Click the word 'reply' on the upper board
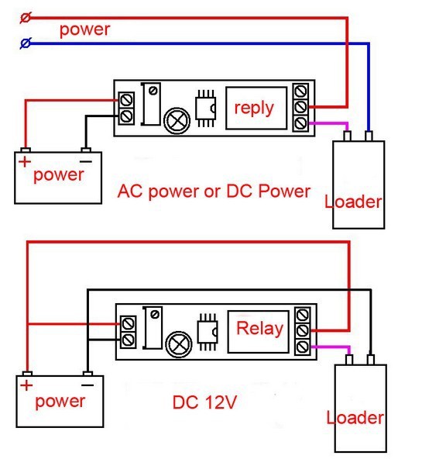pyautogui.click(x=254, y=109)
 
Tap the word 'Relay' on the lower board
pyautogui.click(x=260, y=328)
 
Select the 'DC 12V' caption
pyautogui.click(x=204, y=402)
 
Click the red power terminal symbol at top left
pyautogui.click(x=25, y=18)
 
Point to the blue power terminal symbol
pyautogui.click(x=26, y=43)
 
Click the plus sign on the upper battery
pyautogui.click(x=25, y=161)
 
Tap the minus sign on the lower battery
pyautogui.click(x=87, y=385)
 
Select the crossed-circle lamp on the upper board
pyautogui.click(x=177, y=121)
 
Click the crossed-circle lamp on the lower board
pyautogui.click(x=179, y=344)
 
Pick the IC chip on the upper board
pyautogui.click(x=206, y=109)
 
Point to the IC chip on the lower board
pyautogui.click(x=208, y=332)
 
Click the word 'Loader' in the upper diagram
pyautogui.click(x=353, y=202)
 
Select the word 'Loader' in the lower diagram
pyautogui.click(x=355, y=417)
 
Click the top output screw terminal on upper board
pyautogui.click(x=300, y=91)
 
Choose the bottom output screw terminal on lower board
pyautogui.click(x=303, y=347)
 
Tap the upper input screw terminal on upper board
pyautogui.click(x=126, y=101)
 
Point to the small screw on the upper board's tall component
pyautogui.click(x=153, y=91)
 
